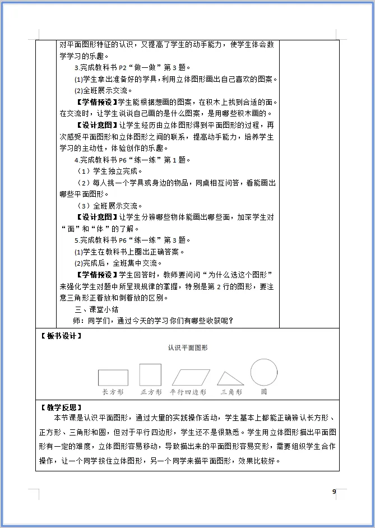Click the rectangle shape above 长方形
click(113, 377)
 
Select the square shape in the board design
click(150, 374)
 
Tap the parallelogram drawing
click(191, 377)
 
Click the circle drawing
click(264, 372)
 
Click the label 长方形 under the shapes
click(113, 392)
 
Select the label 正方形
click(151, 392)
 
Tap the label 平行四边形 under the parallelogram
click(188, 392)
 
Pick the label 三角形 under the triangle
click(231, 392)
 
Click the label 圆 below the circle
click(264, 392)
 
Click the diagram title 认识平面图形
click(187, 348)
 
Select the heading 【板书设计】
click(61, 336)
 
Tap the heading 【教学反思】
click(61, 407)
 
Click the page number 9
click(334, 492)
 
